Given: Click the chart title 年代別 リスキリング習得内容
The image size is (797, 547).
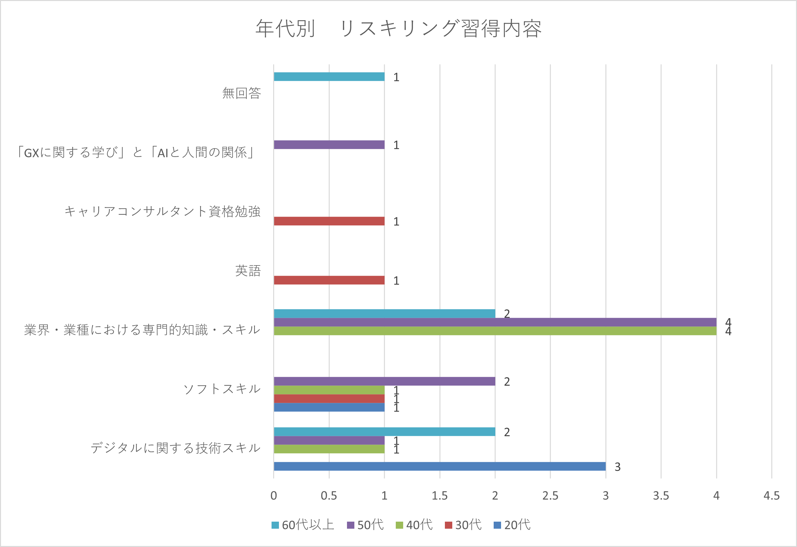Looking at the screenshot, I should click(x=399, y=28).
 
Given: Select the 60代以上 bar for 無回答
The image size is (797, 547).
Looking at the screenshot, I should click(x=329, y=77).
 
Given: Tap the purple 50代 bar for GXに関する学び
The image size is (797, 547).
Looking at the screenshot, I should click(x=329, y=145).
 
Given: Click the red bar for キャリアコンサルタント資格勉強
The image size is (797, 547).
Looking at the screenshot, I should click(x=329, y=221).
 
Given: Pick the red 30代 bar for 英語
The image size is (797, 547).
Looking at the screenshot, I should click(x=329, y=280).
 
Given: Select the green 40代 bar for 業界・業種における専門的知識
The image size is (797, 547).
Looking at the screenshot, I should click(x=495, y=331).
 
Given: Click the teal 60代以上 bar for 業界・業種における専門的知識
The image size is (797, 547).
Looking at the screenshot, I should click(x=384, y=313).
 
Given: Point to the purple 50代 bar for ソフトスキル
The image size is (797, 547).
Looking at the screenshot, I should click(x=384, y=381).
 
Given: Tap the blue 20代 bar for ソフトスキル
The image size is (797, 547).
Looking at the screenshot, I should click(x=329, y=407).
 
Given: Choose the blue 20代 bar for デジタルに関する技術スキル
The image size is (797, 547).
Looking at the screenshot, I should click(x=439, y=466).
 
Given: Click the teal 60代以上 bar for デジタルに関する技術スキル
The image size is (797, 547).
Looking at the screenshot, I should click(x=384, y=432).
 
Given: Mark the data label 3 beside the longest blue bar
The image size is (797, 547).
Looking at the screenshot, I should click(x=617, y=467).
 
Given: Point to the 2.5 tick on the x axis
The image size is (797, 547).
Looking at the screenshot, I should click(x=550, y=496).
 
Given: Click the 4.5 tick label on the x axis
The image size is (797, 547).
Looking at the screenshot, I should click(x=771, y=496).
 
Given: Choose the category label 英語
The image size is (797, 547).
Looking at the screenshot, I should click(x=248, y=271).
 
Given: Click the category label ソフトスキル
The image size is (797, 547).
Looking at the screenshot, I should click(x=222, y=389).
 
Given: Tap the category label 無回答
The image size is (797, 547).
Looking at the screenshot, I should click(x=241, y=93).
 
